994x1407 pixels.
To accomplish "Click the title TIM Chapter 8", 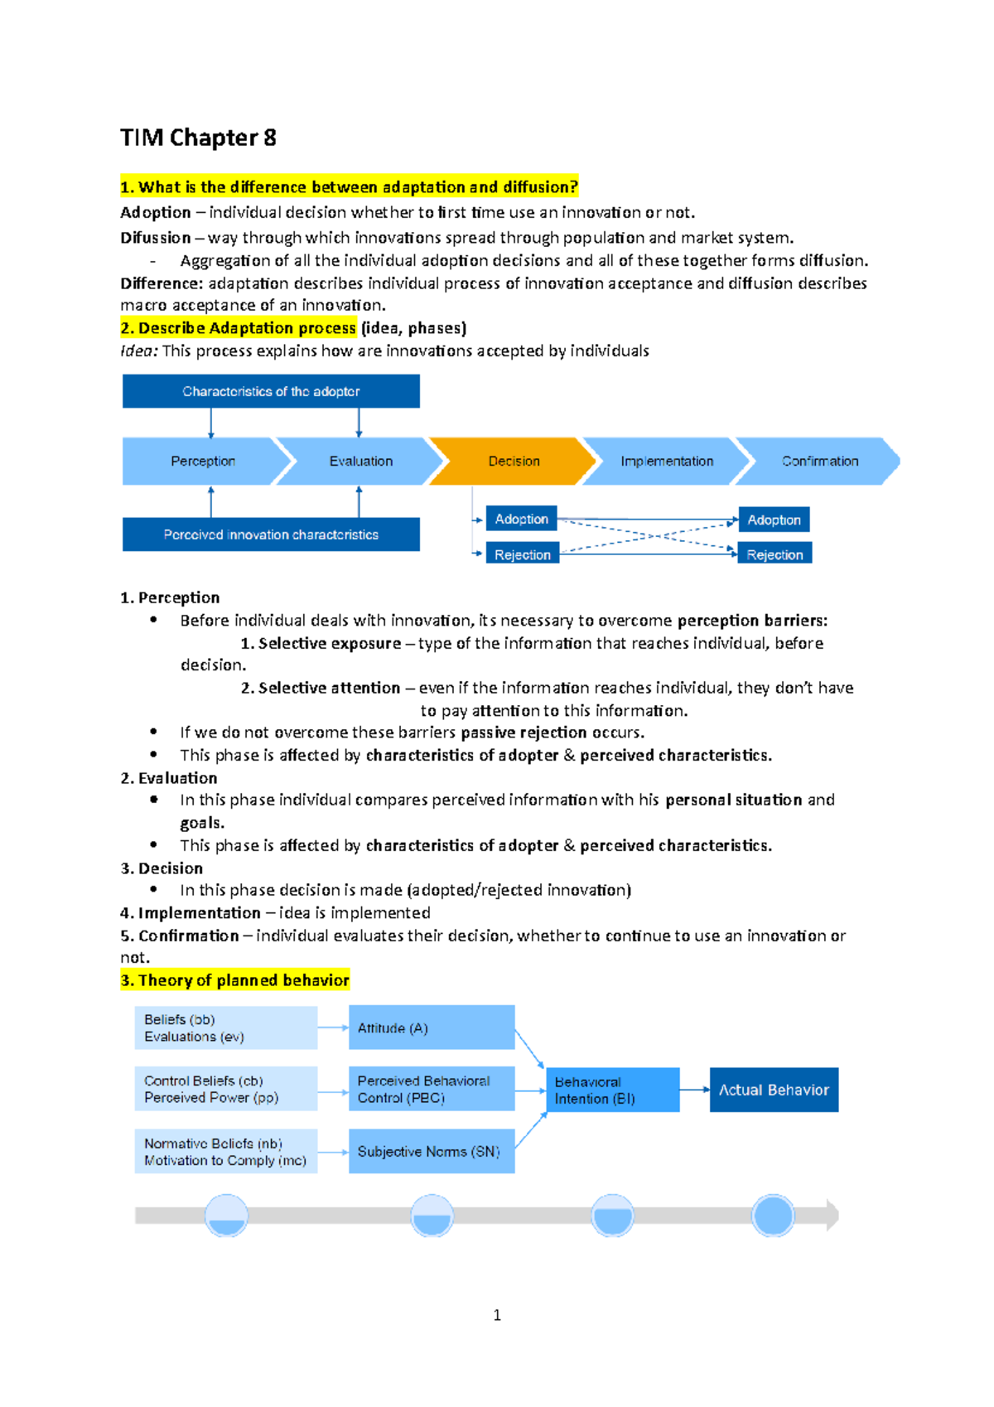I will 198,138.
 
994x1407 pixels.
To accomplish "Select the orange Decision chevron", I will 514,461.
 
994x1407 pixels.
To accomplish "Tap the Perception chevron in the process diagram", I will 203,461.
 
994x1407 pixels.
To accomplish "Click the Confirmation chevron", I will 819,461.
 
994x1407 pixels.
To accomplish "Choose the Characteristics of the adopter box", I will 271,391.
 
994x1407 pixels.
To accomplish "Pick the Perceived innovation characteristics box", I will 271,534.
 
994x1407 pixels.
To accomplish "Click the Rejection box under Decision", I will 522,554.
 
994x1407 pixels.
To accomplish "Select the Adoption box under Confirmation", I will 774,520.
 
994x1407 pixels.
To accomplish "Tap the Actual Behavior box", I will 774,1090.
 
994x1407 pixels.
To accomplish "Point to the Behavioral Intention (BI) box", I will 612,1090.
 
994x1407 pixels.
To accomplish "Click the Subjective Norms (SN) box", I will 431,1151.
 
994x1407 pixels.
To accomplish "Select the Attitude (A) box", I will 431,1027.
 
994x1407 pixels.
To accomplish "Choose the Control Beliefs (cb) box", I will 225,1089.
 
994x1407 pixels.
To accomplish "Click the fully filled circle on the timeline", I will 773,1216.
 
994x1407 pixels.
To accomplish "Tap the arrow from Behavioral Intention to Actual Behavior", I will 694,1090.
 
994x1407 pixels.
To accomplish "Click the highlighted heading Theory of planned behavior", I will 235,980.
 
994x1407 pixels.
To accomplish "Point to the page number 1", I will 497,1315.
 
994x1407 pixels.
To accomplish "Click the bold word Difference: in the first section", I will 162,283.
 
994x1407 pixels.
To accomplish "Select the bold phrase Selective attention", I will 329,688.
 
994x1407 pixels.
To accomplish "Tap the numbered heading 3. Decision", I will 162,868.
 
